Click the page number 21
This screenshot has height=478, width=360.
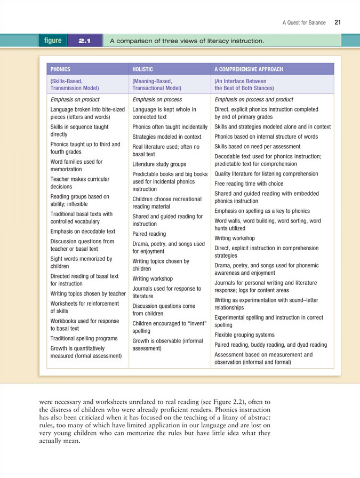click(338, 22)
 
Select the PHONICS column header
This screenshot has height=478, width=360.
click(60, 69)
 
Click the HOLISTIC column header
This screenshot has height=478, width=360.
click(142, 69)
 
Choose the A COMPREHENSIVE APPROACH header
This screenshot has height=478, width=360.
click(249, 69)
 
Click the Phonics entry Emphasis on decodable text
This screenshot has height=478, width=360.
click(83, 232)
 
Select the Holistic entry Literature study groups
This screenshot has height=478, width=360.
click(159, 164)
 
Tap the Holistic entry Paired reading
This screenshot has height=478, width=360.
click(149, 234)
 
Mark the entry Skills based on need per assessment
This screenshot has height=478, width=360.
click(258, 146)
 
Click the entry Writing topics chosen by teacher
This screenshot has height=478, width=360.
click(88, 293)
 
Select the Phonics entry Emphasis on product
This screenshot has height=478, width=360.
click(75, 100)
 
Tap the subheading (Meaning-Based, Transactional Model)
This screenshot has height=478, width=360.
click(156, 85)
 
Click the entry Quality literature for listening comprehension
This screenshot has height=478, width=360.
click(266, 174)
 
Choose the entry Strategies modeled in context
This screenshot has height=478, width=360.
click(166, 137)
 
